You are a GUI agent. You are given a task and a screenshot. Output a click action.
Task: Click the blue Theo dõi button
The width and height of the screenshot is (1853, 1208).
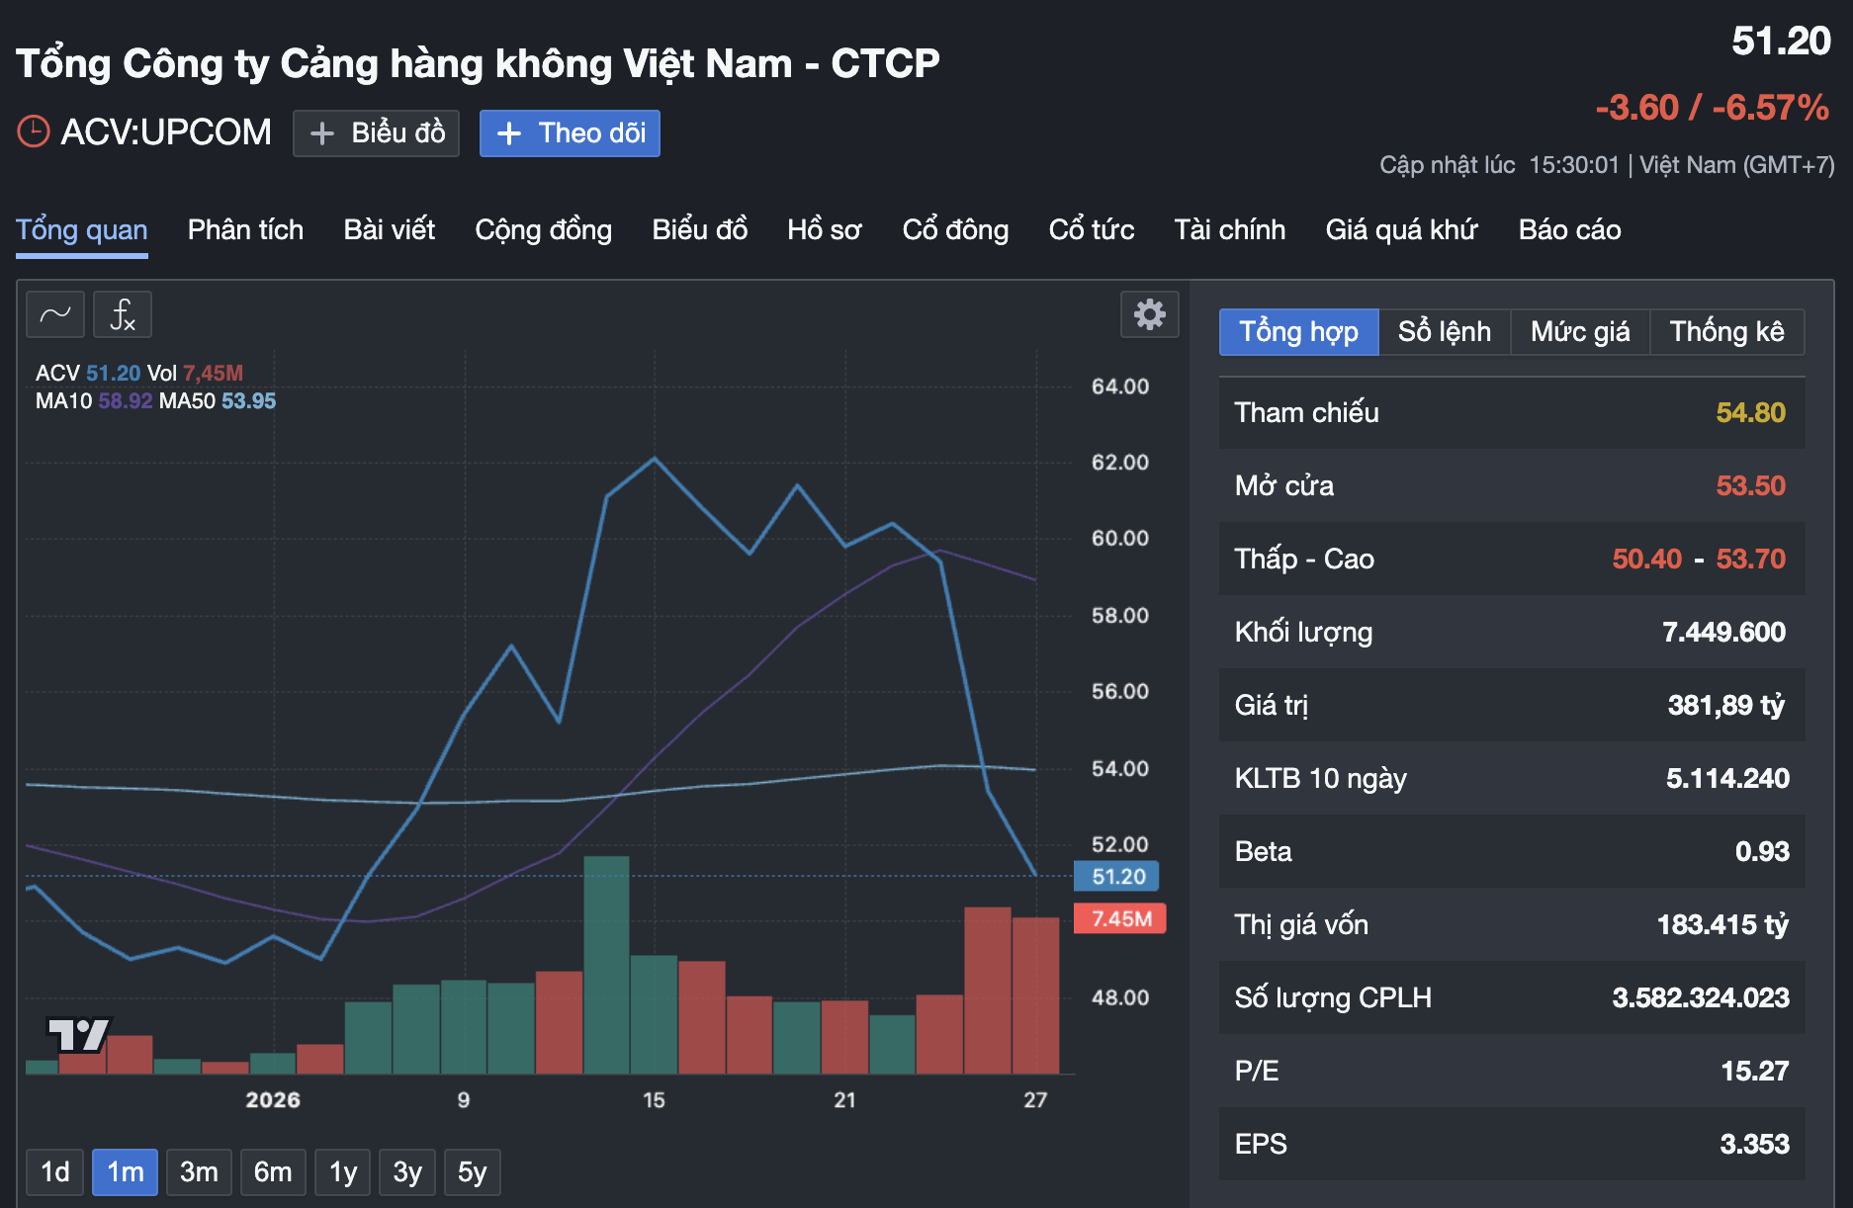click(x=570, y=133)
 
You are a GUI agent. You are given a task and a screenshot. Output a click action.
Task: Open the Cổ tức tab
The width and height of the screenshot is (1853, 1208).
click(x=1091, y=230)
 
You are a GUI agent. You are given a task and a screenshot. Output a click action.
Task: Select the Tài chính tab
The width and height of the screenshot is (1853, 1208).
click(x=1229, y=230)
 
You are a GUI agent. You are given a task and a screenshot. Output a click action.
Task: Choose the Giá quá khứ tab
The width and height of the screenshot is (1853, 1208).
click(x=1401, y=230)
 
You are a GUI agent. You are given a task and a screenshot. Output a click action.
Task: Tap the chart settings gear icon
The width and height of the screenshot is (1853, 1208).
click(x=1149, y=314)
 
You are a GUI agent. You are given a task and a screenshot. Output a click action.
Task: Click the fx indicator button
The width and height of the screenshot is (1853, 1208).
click(x=123, y=315)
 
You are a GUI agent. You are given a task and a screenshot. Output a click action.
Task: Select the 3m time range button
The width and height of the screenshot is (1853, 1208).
click(x=199, y=1172)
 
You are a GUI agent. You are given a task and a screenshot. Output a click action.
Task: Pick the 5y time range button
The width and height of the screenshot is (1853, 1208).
click(x=472, y=1172)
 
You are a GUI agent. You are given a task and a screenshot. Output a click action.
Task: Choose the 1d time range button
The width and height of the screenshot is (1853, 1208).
click(x=55, y=1172)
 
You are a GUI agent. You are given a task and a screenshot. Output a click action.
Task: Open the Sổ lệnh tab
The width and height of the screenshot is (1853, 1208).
click(x=1444, y=332)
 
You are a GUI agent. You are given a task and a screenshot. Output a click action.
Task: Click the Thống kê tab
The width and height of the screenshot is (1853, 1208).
click(x=1726, y=332)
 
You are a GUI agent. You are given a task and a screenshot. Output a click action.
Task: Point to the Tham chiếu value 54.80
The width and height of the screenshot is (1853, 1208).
click(x=1750, y=413)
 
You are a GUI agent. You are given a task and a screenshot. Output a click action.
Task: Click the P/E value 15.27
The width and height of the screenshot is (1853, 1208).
click(x=1754, y=1072)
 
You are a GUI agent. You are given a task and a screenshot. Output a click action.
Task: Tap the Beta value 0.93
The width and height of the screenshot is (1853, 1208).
click(x=1762, y=852)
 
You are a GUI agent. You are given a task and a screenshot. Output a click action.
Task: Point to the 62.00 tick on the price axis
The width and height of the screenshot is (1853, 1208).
click(x=1119, y=463)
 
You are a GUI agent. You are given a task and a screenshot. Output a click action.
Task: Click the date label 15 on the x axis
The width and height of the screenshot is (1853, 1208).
click(x=654, y=1100)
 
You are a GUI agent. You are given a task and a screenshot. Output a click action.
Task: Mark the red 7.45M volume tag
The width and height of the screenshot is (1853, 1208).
click(x=1120, y=919)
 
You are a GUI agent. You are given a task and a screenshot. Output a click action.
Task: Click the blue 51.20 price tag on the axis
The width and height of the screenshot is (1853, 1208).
click(x=1117, y=877)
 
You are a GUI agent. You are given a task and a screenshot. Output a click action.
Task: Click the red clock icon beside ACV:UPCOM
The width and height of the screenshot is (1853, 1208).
click(x=34, y=131)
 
